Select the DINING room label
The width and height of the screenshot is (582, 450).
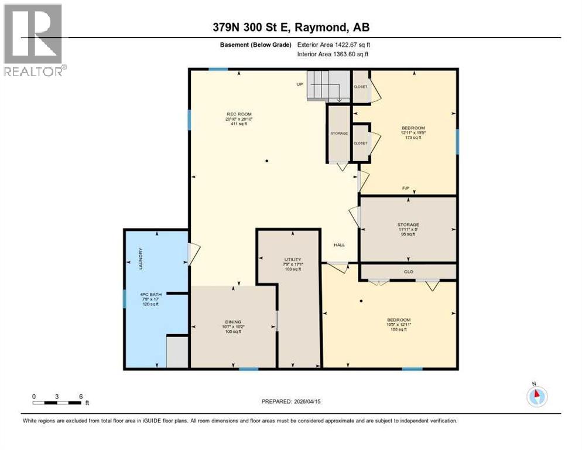click(233, 321)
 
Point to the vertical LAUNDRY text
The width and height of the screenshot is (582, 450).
click(141, 258)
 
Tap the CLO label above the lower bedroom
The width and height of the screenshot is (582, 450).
click(408, 271)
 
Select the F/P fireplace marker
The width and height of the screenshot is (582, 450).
click(405, 189)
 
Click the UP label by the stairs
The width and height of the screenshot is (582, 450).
click(300, 84)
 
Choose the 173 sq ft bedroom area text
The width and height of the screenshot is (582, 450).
click(413, 138)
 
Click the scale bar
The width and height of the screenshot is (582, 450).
click(57, 402)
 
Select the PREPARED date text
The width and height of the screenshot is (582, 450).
click(291, 401)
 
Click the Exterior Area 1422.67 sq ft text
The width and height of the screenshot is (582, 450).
click(334, 45)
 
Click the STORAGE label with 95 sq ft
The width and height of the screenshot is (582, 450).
click(408, 224)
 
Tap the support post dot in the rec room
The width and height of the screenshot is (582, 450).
click(266, 161)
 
